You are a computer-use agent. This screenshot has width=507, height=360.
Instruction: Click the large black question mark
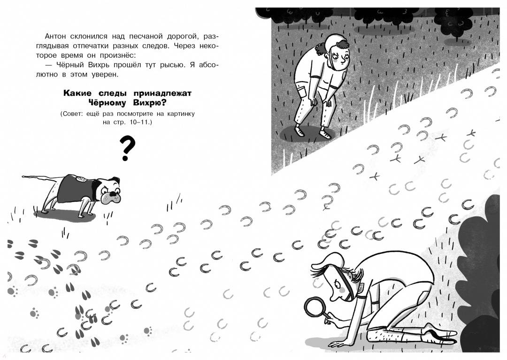127,148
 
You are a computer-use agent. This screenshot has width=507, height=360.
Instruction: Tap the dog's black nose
113,194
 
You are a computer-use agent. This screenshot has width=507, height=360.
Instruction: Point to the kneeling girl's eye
337,284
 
